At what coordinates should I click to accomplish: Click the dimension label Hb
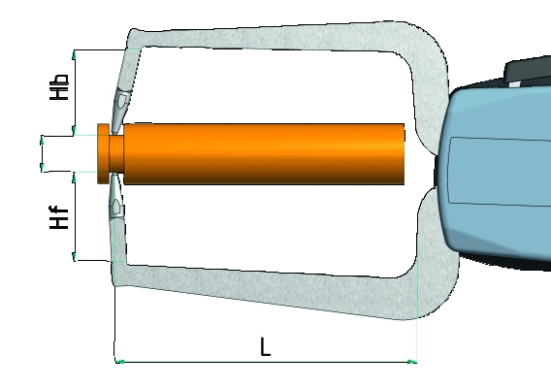pyautogui.click(x=59, y=86)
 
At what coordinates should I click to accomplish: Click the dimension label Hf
pyautogui.click(x=58, y=217)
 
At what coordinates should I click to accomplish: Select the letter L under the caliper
pyautogui.click(x=265, y=346)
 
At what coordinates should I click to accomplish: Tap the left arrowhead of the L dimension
pyautogui.click(x=120, y=361)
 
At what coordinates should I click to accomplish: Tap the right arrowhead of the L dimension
pyautogui.click(x=412, y=361)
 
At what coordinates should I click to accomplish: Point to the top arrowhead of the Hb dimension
pyautogui.click(x=74, y=54)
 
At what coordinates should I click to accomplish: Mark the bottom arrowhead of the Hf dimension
pyautogui.click(x=74, y=256)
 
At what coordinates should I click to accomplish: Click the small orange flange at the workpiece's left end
pyautogui.click(x=103, y=153)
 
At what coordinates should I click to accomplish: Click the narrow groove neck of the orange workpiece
pyautogui.click(x=116, y=153)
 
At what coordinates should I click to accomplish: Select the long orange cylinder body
pyautogui.click(x=264, y=153)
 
